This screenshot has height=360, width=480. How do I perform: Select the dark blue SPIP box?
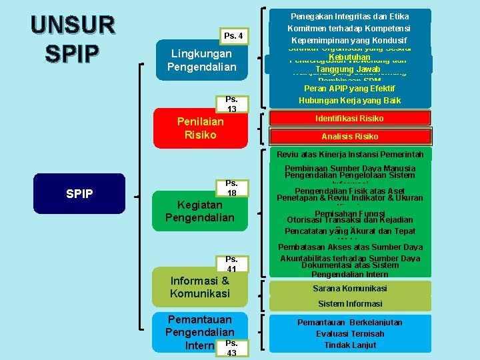(x=79, y=193)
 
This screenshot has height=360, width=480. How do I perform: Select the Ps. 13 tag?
(x=232, y=105)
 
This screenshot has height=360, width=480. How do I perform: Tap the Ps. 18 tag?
(x=232, y=188)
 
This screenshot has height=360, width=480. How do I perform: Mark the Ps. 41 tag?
(x=232, y=264)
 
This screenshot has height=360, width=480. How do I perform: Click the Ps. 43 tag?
(x=232, y=348)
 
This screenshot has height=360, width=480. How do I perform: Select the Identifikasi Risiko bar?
(x=352, y=119)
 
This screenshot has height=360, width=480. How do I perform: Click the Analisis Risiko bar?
(x=350, y=137)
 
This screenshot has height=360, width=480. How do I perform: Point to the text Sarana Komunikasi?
(x=350, y=289)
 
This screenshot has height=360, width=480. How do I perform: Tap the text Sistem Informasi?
(x=350, y=305)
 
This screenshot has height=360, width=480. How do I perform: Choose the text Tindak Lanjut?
(x=350, y=345)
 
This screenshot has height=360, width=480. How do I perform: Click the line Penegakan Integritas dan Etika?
(x=350, y=16)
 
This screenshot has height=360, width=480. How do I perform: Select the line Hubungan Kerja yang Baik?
(x=350, y=101)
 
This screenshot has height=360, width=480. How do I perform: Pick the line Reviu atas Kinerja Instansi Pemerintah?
(x=350, y=155)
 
